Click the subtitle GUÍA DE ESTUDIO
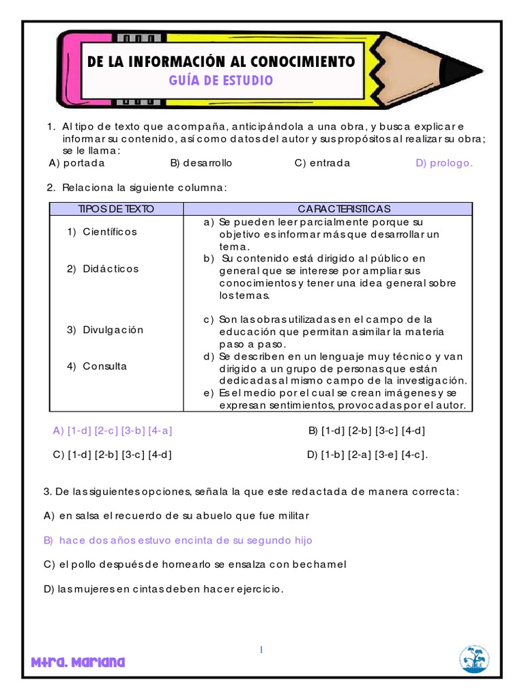coord(221,81)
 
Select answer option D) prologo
coord(443,163)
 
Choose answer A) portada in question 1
coord(77,163)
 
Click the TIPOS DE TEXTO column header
coord(117,208)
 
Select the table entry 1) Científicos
coord(102,231)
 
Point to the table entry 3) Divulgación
coord(105,330)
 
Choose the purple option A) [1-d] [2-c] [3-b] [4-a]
coord(113,431)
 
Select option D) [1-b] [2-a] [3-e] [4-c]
coord(368,455)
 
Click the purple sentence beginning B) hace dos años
coord(177,540)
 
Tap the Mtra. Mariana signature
coord(78,662)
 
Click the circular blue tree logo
coord(474,659)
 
